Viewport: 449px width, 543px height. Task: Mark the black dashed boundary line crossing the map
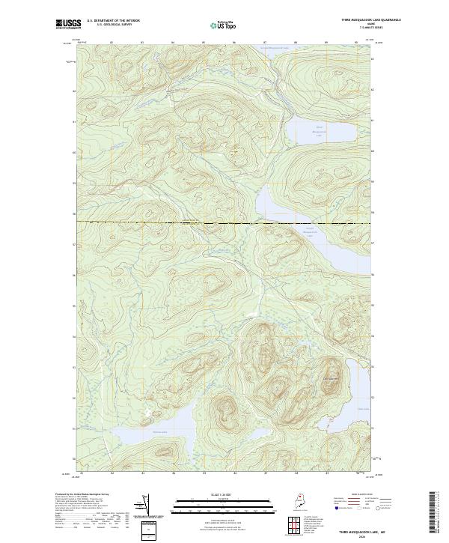point(224,223)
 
